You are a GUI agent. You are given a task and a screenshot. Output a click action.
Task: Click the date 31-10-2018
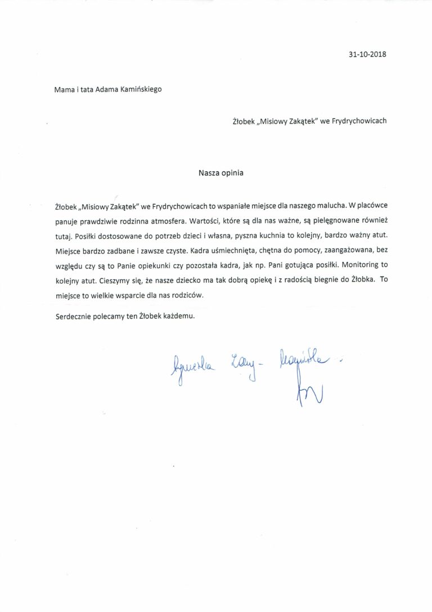[368, 55]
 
